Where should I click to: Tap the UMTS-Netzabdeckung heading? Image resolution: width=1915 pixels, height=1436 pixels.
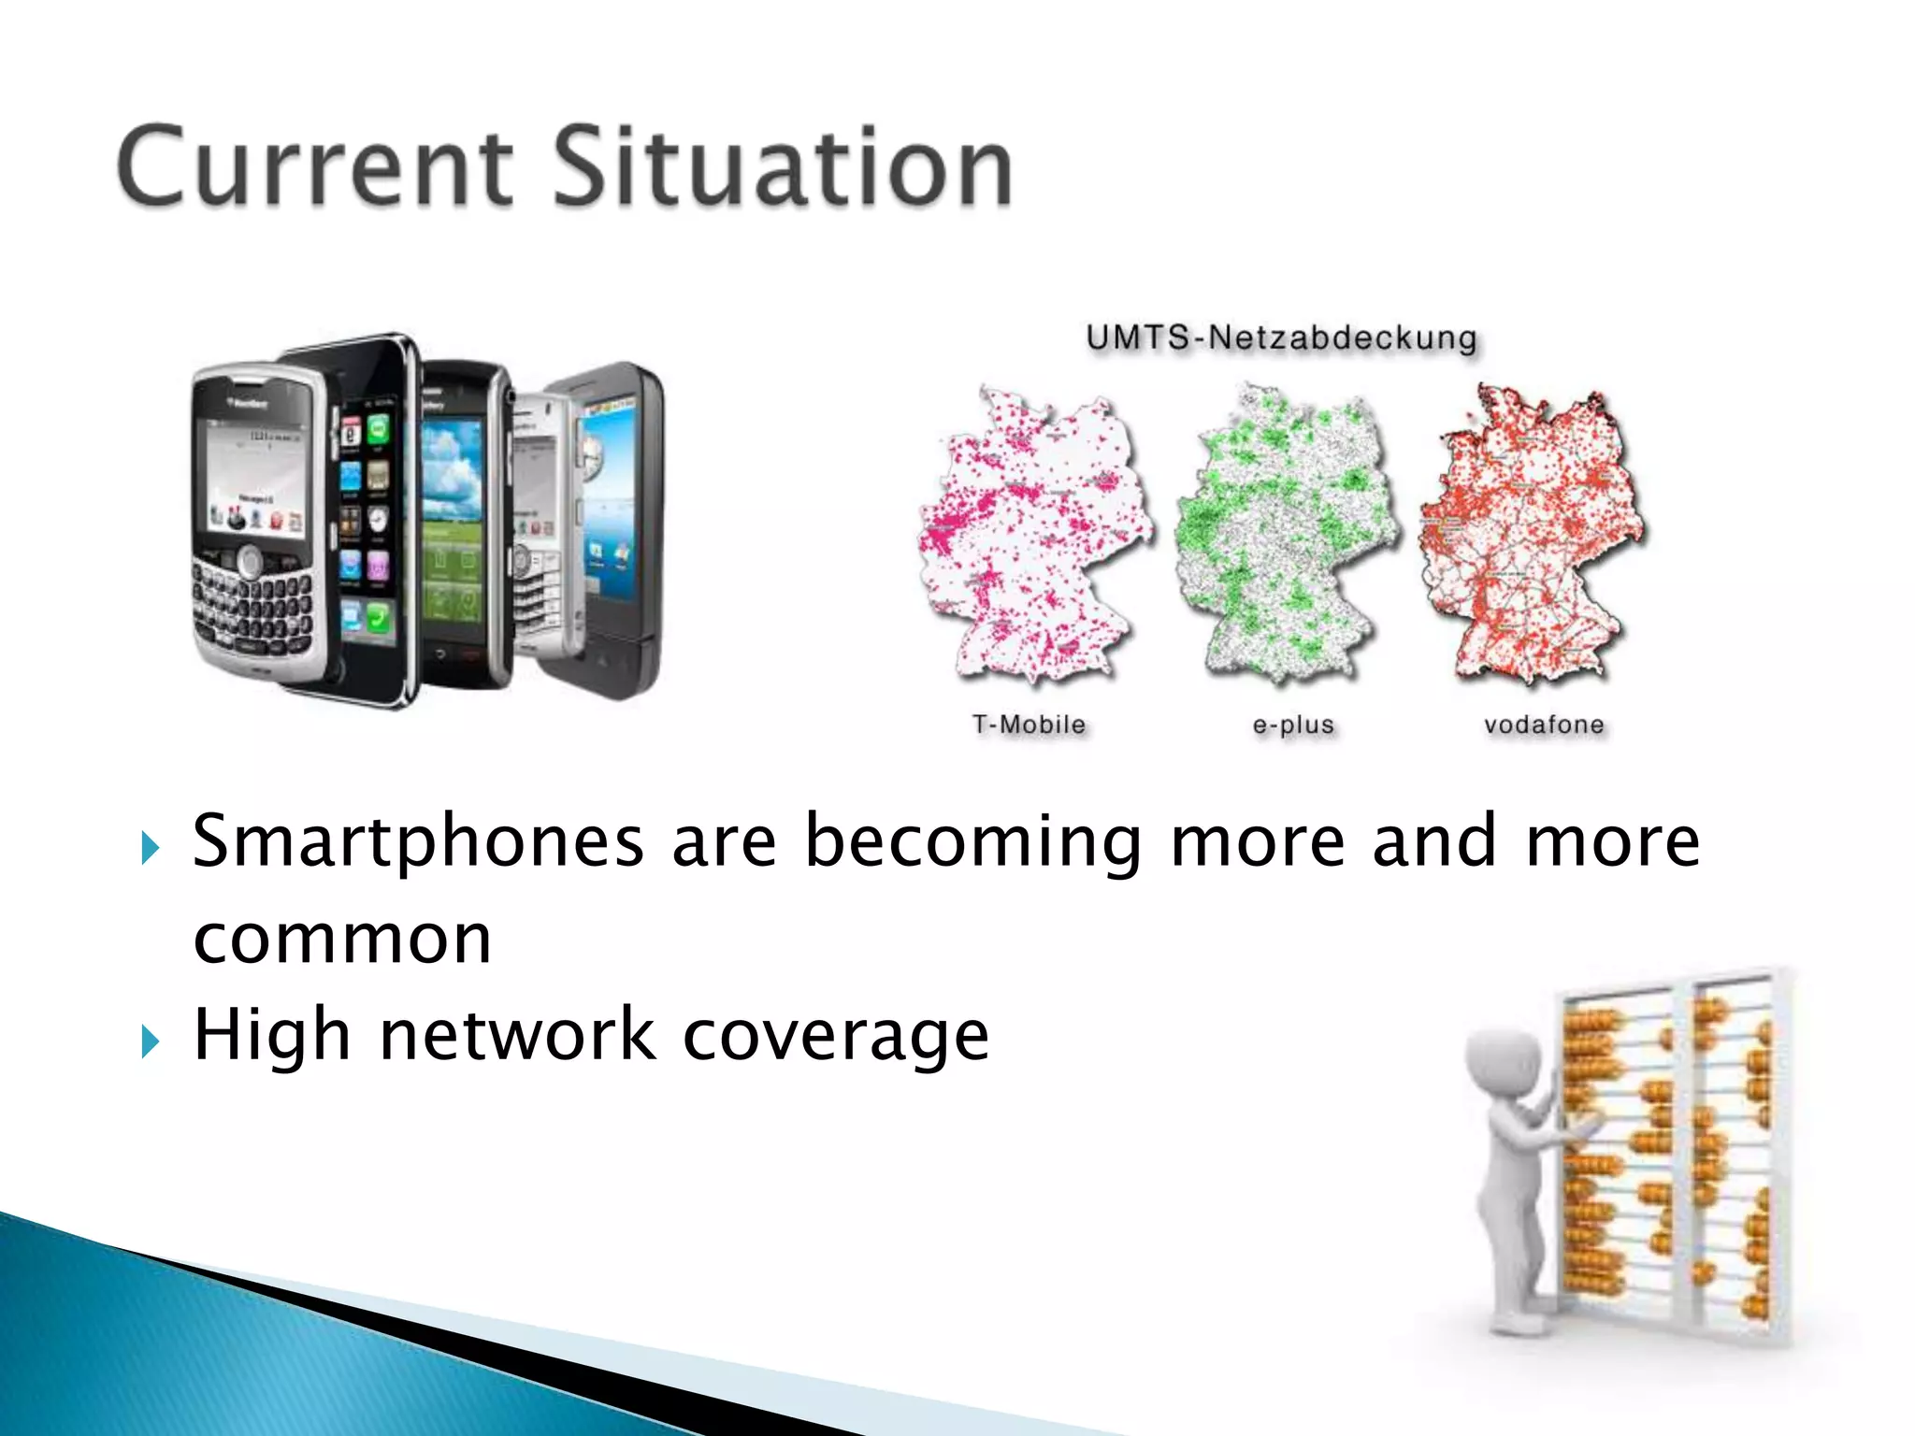click(x=1282, y=337)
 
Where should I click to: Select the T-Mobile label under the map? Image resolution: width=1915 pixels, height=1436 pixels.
click(x=1029, y=725)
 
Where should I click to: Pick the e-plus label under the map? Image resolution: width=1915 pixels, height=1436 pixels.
click(x=1293, y=725)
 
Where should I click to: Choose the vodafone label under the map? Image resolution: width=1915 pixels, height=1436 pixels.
click(x=1544, y=725)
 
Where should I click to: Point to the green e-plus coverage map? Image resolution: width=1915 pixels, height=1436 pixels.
click(x=1286, y=533)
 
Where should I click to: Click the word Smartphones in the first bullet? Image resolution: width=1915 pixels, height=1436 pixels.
click(x=418, y=841)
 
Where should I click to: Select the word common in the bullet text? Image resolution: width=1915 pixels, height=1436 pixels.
click(x=342, y=939)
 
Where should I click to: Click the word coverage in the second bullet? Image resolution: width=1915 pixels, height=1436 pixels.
click(x=835, y=1036)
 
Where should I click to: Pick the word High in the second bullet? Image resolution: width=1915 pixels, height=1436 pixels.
click(x=271, y=1036)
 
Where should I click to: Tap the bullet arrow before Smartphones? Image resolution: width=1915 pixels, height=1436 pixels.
click(x=151, y=848)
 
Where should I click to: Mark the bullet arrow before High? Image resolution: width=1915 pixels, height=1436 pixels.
click(x=151, y=1041)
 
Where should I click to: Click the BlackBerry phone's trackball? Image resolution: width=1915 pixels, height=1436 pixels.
click(x=250, y=561)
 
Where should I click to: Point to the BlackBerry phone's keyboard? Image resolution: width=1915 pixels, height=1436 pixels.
click(x=252, y=612)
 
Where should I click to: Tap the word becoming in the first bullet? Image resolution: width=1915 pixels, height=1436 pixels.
click(x=972, y=841)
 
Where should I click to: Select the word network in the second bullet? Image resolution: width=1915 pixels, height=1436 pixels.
click(x=517, y=1036)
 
